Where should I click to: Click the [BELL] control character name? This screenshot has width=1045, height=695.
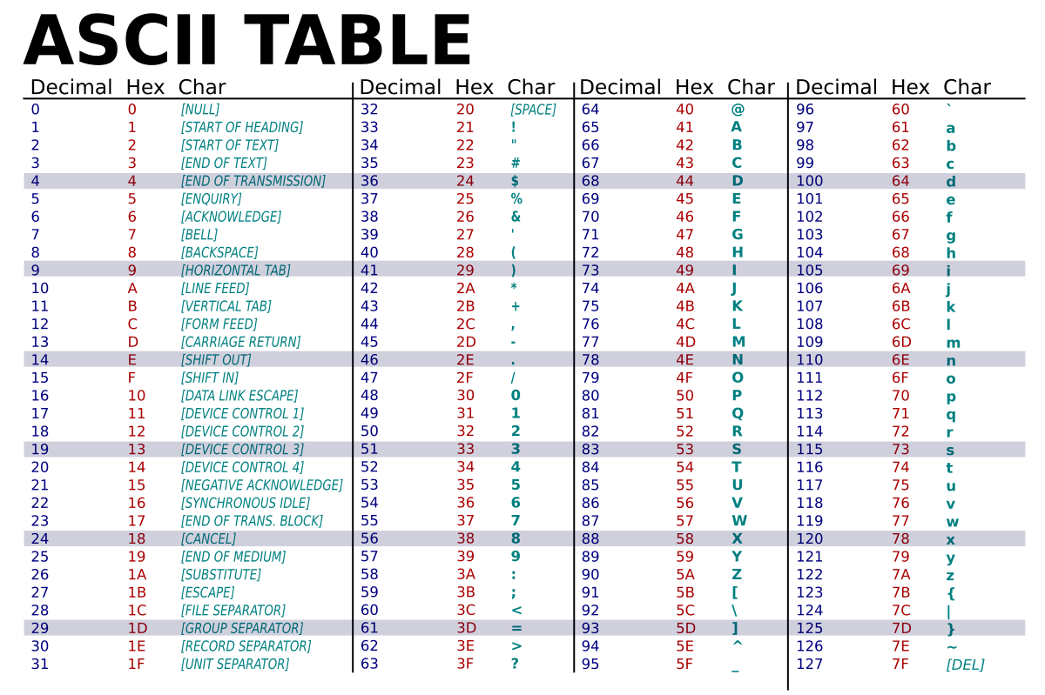tap(199, 235)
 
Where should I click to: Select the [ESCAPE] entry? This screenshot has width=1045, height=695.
tap(207, 592)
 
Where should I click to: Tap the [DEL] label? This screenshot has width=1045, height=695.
tap(965, 665)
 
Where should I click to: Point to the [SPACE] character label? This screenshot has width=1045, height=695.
tap(533, 110)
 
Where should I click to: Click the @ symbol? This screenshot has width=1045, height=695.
tap(738, 110)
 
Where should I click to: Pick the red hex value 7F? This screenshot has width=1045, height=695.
tap(900, 665)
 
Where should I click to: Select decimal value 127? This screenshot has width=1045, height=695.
tap(809, 665)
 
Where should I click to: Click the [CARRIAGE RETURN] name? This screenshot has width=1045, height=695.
tap(240, 342)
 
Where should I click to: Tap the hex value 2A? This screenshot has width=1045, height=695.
tap(466, 289)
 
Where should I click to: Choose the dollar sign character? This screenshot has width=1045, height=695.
tap(515, 181)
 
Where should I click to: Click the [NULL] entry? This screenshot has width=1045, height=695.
tap(200, 110)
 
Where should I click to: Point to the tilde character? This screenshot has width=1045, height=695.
tap(951, 646)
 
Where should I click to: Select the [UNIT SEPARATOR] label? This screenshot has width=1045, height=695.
tap(234, 665)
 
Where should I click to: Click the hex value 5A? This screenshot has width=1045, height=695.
tap(685, 575)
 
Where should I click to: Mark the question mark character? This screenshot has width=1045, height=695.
tap(516, 665)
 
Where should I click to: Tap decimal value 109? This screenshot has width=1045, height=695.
tap(809, 342)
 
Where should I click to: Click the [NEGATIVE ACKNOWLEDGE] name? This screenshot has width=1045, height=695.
tap(261, 485)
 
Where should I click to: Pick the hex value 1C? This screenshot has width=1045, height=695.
tap(138, 611)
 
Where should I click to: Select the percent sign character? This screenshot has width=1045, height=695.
tap(516, 199)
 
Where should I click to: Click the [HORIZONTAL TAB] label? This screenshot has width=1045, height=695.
tap(235, 271)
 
